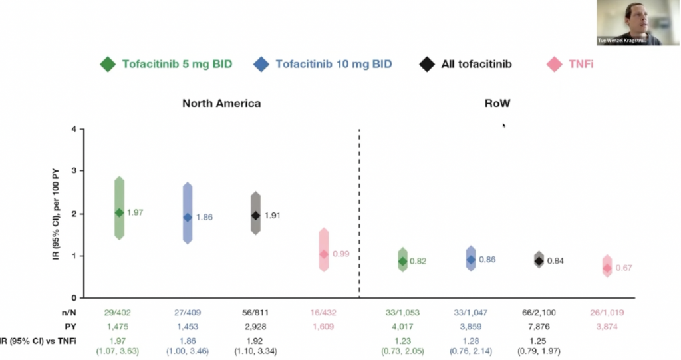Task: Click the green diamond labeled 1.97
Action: pyautogui.click(x=120, y=212)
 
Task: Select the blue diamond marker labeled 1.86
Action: pyautogui.click(x=188, y=217)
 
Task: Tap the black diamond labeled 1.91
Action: pyautogui.click(x=255, y=216)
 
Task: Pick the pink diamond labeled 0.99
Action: pyautogui.click(x=324, y=254)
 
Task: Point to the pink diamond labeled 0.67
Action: pyautogui.click(x=607, y=268)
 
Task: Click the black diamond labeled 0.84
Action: pyautogui.click(x=539, y=260)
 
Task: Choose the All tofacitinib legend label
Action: pyautogui.click(x=477, y=65)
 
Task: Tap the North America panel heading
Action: pyautogui.click(x=221, y=104)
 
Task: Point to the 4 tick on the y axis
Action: pyautogui.click(x=73, y=129)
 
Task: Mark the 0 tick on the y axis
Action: pyautogui.click(x=73, y=297)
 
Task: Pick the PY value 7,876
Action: pyautogui.click(x=539, y=327)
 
